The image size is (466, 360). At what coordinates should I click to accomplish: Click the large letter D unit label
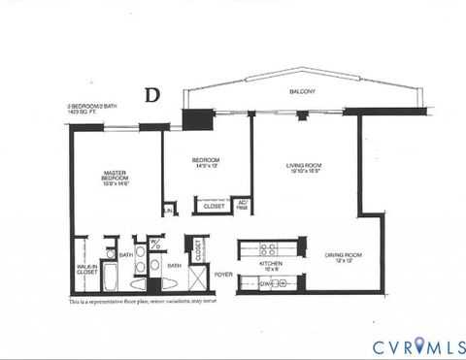click(x=152, y=94)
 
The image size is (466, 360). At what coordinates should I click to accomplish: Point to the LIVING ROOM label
click(x=304, y=166)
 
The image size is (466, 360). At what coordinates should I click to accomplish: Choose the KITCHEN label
click(x=271, y=263)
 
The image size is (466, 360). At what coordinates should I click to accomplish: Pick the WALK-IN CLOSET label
click(x=86, y=268)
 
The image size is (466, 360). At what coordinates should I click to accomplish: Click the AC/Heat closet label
click(x=243, y=204)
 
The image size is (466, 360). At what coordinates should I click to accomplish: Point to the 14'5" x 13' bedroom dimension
click(x=206, y=166)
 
